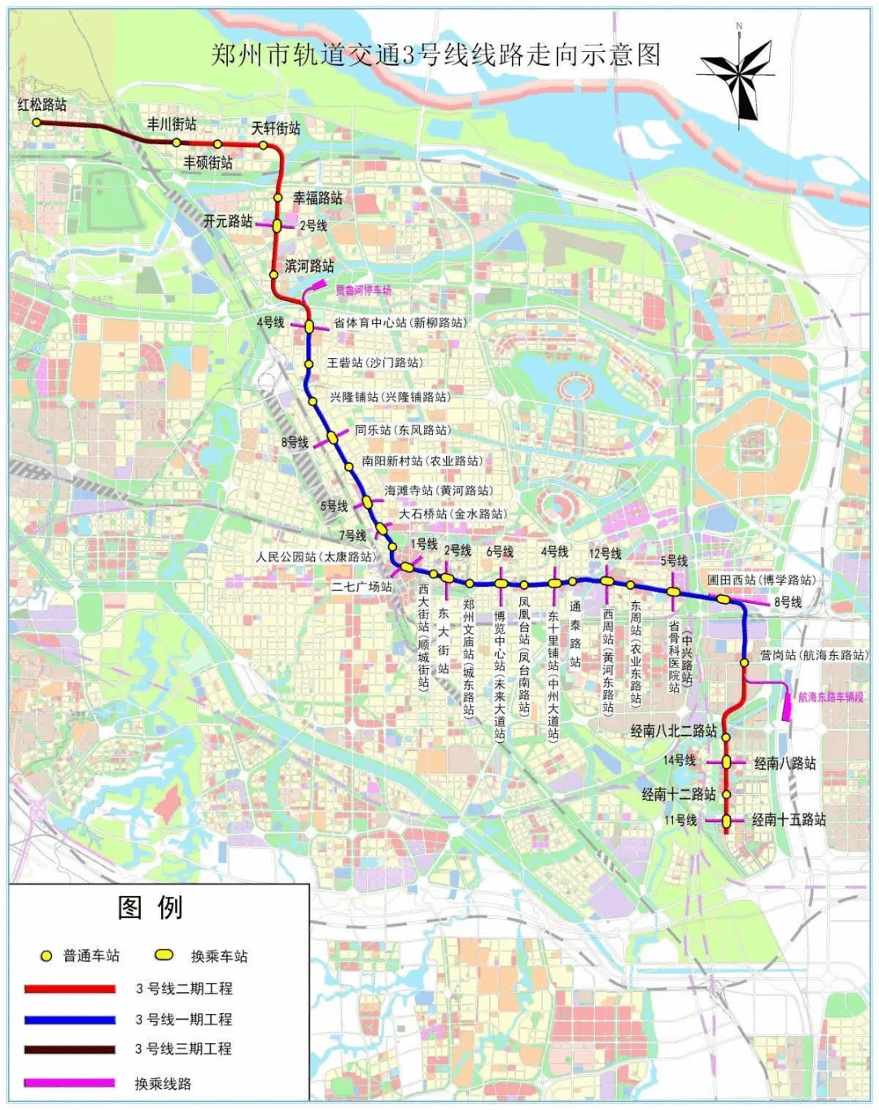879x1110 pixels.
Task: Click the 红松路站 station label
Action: pos(42,104)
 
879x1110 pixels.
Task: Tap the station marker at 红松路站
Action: pos(37,122)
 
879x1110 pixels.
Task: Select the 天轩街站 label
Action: pos(276,128)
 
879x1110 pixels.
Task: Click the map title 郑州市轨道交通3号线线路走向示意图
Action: pos(435,55)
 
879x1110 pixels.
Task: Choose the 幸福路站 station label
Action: pos(317,198)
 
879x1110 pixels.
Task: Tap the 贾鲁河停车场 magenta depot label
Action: pos(364,291)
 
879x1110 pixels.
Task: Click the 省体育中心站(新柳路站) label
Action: pos(400,322)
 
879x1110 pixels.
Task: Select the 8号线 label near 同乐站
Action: pos(295,442)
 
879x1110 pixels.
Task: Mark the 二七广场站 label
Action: pos(361,586)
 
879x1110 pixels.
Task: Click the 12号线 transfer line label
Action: pos(605,553)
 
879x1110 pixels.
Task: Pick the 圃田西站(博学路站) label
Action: pos(761,579)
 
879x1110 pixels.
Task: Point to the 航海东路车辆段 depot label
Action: pos(831,697)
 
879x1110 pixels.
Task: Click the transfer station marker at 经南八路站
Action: pos(727,763)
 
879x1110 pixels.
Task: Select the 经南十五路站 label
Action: pos(788,819)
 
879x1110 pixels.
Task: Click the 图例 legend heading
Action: pos(151,907)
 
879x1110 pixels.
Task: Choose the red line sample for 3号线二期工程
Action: pos(70,989)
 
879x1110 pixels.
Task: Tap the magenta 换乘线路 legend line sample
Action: pos(70,1083)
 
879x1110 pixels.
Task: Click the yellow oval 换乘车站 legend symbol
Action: pos(165,955)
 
